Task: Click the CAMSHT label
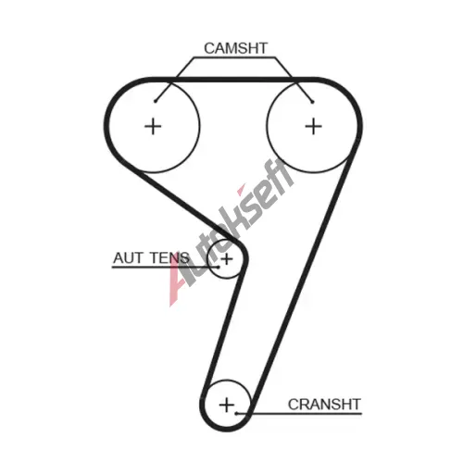point(235,48)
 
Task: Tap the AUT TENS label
point(151,257)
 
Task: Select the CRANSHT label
point(324,405)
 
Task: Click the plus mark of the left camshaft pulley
point(153,126)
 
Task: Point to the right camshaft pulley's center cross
point(313,126)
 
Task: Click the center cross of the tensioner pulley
point(227,259)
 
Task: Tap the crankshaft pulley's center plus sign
point(227,405)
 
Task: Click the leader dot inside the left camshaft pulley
point(156,101)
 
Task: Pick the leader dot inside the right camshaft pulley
point(312,102)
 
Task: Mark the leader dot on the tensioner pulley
point(218,267)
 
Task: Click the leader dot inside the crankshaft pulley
point(236,413)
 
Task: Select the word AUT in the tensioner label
point(128,257)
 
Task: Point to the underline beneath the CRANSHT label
point(299,413)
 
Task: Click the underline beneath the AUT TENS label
point(165,267)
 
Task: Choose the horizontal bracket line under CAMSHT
point(234,57)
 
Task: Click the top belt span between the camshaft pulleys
point(233,80)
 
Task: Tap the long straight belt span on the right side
point(302,281)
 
